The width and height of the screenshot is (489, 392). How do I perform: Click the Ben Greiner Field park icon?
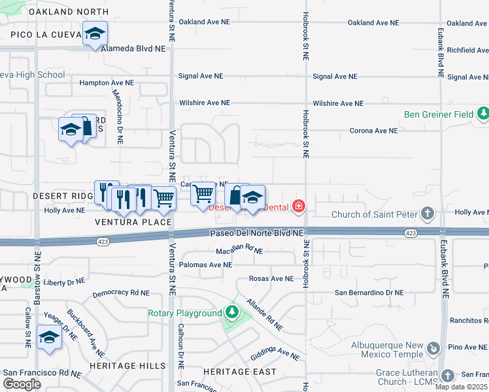(482, 114)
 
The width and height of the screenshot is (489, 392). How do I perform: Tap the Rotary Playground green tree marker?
(231, 313)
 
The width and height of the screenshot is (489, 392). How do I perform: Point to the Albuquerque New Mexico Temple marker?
(433, 350)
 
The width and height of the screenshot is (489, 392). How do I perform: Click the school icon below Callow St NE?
(48, 338)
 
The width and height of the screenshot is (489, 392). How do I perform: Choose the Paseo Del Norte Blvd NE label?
(256, 233)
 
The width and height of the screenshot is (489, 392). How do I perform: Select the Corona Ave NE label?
(374, 131)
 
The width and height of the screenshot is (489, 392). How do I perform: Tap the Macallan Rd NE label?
(239, 251)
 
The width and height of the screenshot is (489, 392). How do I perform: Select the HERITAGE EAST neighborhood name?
(239, 371)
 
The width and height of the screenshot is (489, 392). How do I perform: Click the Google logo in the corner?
(22, 384)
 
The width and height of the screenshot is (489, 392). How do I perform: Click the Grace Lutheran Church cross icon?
(447, 376)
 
